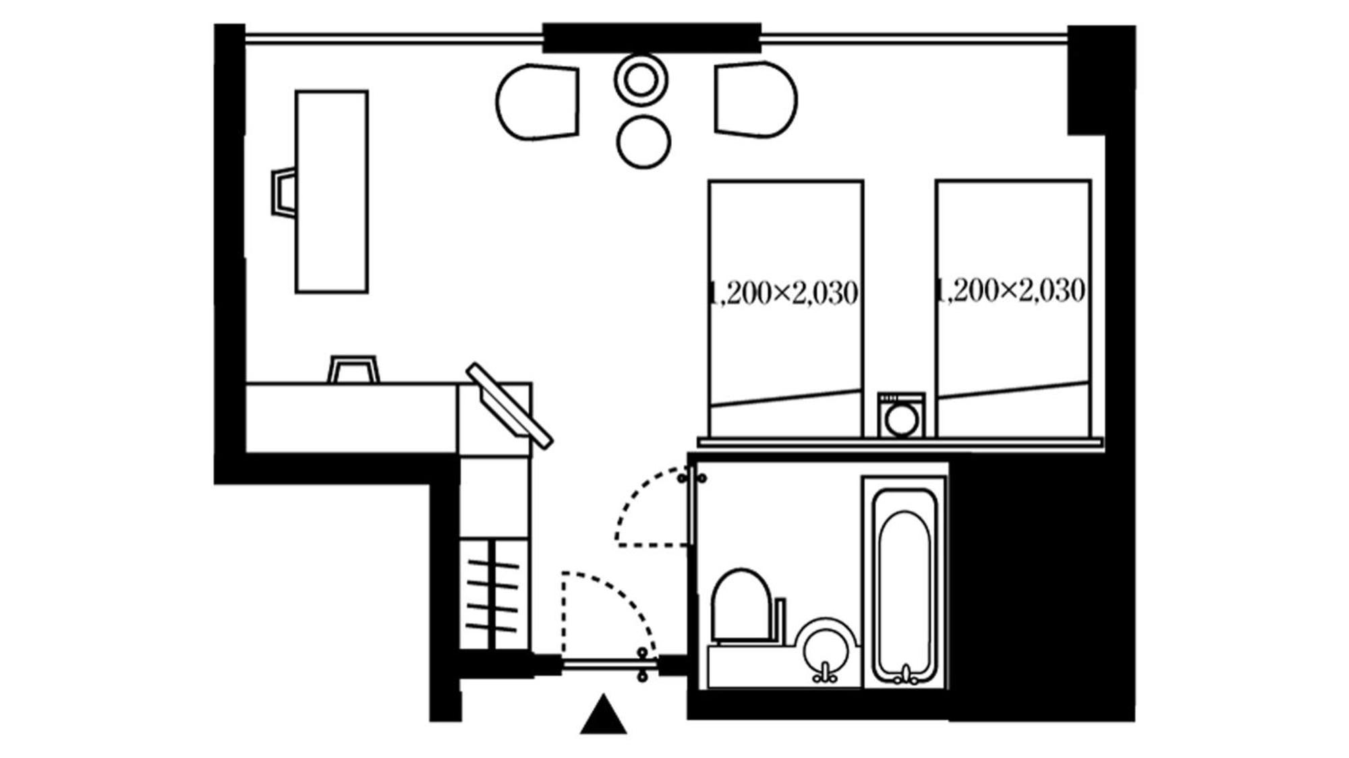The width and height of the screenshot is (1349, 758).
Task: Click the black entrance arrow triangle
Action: [x=603, y=716]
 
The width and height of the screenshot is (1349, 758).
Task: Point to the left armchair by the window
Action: [x=538, y=103]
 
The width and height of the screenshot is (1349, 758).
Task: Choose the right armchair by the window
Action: [x=755, y=100]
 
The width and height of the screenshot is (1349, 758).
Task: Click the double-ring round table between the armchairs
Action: [x=641, y=80]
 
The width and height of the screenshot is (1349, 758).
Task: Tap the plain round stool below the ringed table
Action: [x=643, y=142]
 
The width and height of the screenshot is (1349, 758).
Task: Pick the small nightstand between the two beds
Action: [x=901, y=415]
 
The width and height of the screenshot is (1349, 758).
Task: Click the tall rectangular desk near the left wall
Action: [x=331, y=192]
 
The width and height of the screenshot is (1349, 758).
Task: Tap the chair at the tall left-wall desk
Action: [x=283, y=192]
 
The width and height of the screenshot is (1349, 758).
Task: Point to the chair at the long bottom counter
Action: [x=353, y=370]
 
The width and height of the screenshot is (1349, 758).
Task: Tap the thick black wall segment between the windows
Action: [x=652, y=38]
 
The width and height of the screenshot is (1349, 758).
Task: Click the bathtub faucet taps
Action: [x=905, y=673]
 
